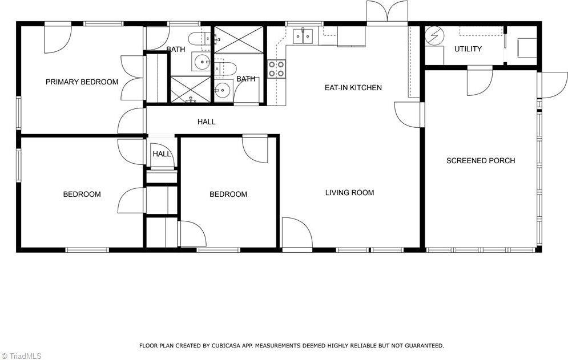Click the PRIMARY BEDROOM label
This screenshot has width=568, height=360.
click(82, 82)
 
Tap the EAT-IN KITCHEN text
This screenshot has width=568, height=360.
click(353, 87)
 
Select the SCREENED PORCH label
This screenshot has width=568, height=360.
click(480, 160)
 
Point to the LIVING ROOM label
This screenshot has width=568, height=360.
click(349, 192)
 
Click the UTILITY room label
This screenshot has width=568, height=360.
click(468, 49)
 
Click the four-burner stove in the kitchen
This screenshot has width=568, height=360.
click(276, 69)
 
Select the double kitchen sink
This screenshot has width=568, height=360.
click(303, 36)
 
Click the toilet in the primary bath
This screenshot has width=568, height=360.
click(200, 39)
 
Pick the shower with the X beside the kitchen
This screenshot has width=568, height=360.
click(238, 39)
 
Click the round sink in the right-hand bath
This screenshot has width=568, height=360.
click(222, 89)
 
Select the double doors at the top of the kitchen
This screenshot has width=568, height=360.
click(387, 11)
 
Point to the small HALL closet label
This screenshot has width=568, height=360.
click(162, 154)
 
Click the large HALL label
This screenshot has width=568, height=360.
click(206, 122)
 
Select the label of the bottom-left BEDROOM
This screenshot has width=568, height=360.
click(82, 194)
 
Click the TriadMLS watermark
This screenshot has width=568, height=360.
click(22, 355)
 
